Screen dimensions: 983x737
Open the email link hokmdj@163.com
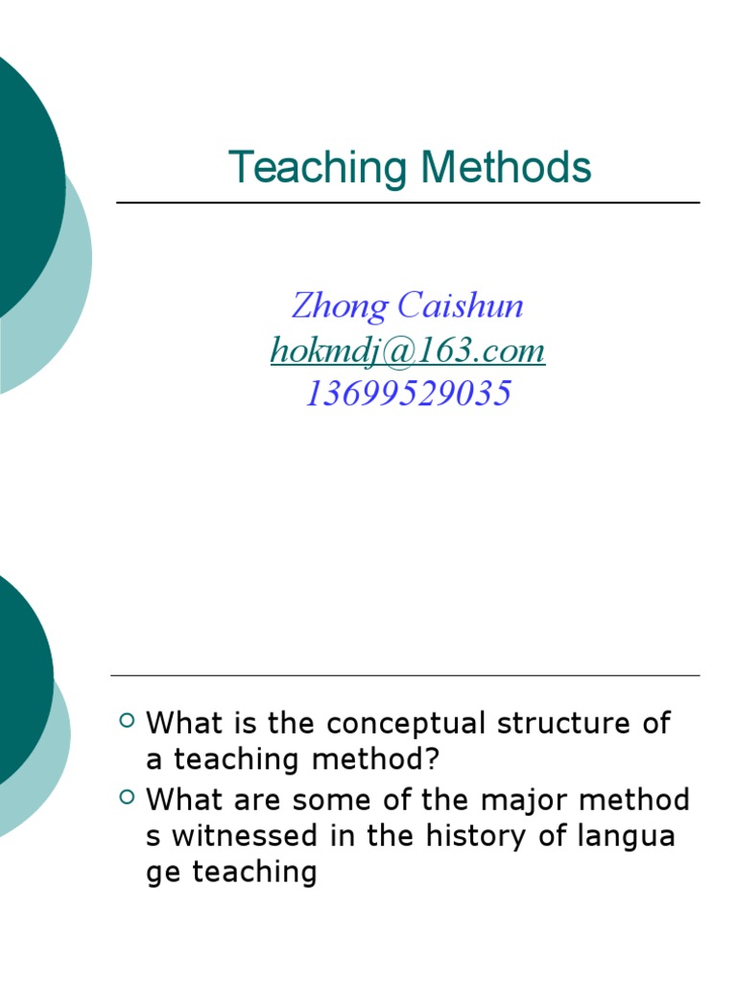point(408,350)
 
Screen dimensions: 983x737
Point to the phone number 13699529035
point(408,394)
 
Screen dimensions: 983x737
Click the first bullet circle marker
point(127,720)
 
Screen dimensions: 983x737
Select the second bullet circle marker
point(127,796)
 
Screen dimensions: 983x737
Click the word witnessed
point(249,835)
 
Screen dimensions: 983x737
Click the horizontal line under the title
point(408,204)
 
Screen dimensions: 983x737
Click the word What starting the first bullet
point(183,723)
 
